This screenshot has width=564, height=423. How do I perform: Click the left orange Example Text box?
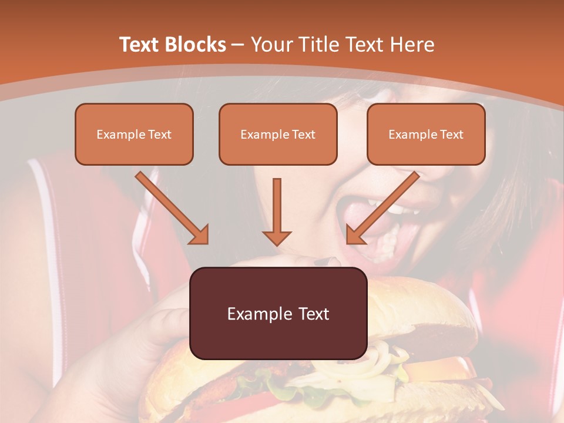[134, 134]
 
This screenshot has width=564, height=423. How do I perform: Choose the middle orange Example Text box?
[278, 134]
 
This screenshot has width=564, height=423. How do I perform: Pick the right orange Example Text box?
[426, 134]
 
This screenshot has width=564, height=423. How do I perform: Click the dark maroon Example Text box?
[278, 313]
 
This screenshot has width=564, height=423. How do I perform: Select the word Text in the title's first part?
[140, 45]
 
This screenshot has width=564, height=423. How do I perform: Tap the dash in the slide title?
[238, 45]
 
